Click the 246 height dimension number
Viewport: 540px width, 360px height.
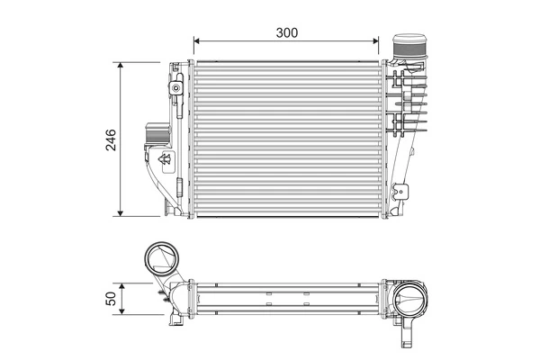pyautogui.click(x=111, y=139)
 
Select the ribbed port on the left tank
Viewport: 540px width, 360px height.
pyautogui.click(x=153, y=136)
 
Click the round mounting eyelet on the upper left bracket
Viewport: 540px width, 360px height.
pyautogui.click(x=175, y=88)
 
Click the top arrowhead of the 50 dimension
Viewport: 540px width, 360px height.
pyautogui.click(x=122, y=283)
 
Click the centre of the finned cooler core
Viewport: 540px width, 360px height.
pyautogui.click(x=287, y=139)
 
